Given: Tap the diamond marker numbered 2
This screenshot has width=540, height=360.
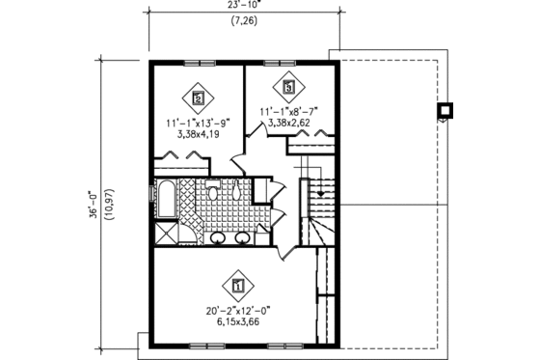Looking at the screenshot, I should (199, 97).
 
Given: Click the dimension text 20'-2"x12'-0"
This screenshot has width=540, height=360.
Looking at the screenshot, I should (238, 311).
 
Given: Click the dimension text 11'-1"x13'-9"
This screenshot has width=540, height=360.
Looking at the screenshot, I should (196, 124).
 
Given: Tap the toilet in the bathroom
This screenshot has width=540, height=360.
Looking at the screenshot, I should (212, 193).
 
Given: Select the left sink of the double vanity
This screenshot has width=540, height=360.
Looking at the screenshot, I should (219, 237).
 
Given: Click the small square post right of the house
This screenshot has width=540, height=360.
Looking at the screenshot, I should (445, 111).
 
